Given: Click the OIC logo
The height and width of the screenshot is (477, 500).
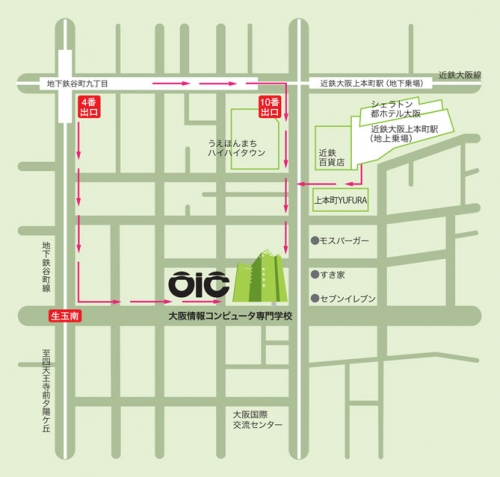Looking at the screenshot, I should click(x=198, y=284).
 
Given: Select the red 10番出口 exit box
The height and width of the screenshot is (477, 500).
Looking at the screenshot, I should click(x=269, y=108).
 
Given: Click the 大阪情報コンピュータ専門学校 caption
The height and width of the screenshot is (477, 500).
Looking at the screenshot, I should click(x=230, y=315).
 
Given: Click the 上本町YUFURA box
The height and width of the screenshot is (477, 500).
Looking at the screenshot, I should click(x=335, y=198).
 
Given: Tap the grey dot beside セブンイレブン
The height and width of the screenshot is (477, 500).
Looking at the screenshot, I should click(x=314, y=298).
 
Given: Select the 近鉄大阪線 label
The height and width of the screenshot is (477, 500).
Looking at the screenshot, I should click(x=462, y=76).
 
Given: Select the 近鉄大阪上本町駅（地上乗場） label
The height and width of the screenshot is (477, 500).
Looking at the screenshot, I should click(x=399, y=135).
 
